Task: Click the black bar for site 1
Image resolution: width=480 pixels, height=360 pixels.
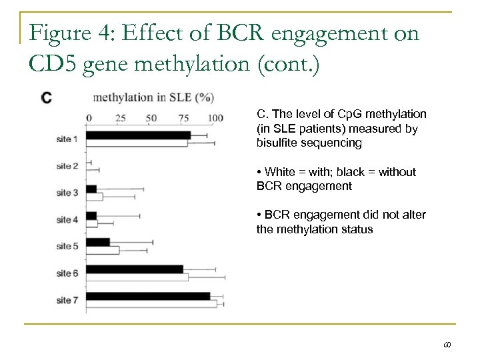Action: (138, 135)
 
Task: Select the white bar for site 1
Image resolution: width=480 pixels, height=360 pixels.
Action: (137, 143)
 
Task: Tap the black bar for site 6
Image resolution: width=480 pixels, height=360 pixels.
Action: (134, 269)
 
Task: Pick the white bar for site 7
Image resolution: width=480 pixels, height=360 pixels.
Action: (151, 303)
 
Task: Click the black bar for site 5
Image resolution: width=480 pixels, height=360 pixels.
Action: (97, 242)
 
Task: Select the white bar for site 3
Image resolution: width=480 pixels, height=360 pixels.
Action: (94, 197)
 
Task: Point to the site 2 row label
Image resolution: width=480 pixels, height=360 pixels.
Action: (67, 165)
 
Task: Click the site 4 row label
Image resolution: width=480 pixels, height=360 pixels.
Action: (67, 219)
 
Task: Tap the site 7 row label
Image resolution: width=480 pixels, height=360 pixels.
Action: (67, 300)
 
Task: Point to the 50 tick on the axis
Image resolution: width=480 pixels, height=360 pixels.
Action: (151, 117)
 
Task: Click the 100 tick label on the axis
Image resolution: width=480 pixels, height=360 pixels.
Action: (215, 117)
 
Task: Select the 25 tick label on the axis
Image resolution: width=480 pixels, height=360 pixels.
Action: (120, 117)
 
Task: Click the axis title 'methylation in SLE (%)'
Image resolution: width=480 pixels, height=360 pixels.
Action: (153, 98)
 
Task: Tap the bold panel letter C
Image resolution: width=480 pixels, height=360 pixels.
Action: (47, 98)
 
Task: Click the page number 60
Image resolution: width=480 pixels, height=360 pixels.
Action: (447, 345)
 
